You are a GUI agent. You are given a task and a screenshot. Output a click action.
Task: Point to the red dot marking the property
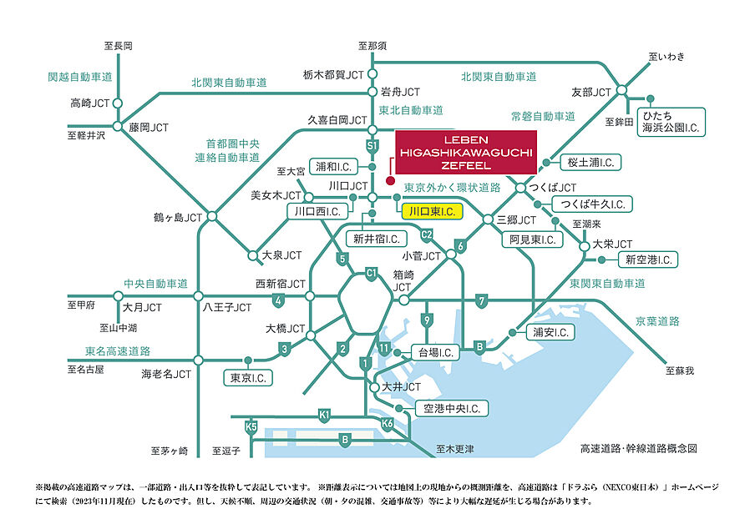point(389,179)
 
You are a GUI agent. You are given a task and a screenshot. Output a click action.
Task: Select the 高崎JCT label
point(90,103)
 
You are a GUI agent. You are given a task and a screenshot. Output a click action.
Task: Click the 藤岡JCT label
point(149,128)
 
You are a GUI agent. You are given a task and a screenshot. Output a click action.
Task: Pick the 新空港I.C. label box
point(649,260)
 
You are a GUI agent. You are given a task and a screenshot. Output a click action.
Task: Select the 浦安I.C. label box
point(550,332)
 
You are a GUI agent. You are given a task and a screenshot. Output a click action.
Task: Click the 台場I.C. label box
point(435,351)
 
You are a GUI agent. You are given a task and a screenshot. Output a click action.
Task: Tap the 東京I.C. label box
point(247,378)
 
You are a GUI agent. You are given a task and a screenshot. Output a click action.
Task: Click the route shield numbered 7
point(481,300)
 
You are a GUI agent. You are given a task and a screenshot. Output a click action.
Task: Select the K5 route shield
point(251,426)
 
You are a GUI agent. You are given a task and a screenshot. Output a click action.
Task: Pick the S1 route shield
point(372,145)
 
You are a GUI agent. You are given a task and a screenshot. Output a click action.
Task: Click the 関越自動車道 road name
point(79,77)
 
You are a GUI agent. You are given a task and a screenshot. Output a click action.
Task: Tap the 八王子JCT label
point(226,307)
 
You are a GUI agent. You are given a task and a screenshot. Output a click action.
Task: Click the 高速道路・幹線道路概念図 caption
point(638,448)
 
